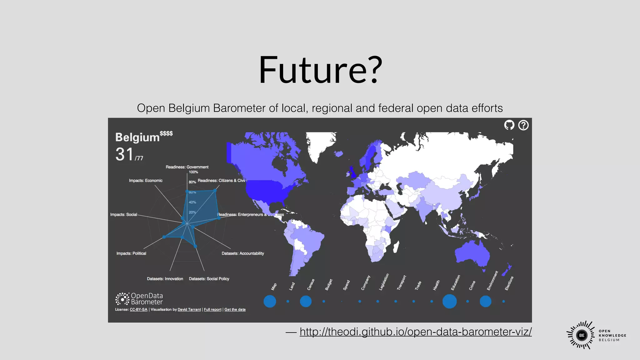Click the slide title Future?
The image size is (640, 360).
pyautogui.click(x=321, y=70)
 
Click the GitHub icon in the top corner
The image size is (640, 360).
pyautogui.click(x=509, y=125)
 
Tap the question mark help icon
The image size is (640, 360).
pyautogui.click(x=523, y=125)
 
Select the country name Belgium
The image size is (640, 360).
pyautogui.click(x=137, y=137)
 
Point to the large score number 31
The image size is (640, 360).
pyautogui.click(x=125, y=154)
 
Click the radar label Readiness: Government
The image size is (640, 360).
pyautogui.click(x=187, y=167)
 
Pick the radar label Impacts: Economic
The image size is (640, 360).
pyautogui.click(x=146, y=181)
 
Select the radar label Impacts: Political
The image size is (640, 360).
pyautogui.click(x=131, y=253)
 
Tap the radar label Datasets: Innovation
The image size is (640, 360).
pyautogui.click(x=165, y=279)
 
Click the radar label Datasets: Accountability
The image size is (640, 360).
pyautogui.click(x=243, y=253)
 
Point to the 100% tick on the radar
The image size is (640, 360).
pyautogui.click(x=193, y=172)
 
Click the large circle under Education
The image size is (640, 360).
pyautogui.click(x=449, y=301)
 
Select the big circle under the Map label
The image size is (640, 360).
pyautogui.click(x=270, y=301)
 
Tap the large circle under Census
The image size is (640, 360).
pyautogui.click(x=306, y=301)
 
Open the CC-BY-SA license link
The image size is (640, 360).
pyautogui.click(x=138, y=310)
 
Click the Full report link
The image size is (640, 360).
pyautogui.click(x=212, y=310)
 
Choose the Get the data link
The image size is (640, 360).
pyautogui.click(x=235, y=310)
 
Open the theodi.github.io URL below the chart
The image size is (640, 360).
pyautogui.click(x=416, y=332)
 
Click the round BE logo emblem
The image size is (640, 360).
pyautogui.click(x=582, y=335)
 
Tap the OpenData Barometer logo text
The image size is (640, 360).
pyautogui.click(x=147, y=299)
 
